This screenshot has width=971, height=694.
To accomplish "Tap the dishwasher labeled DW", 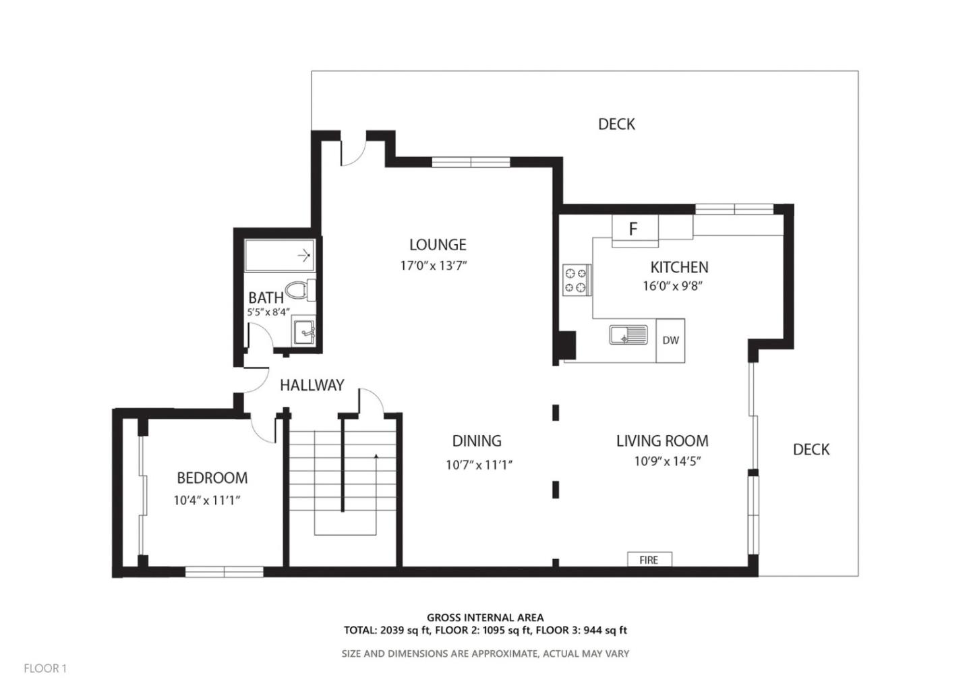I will [670, 341].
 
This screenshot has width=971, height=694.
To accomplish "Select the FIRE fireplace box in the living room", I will [649, 560].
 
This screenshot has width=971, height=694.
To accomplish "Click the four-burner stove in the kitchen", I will [577, 281].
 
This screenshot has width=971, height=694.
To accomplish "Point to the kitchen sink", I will [628, 335].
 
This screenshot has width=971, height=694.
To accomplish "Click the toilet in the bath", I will [300, 291].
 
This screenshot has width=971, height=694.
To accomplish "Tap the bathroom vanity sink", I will [304, 332].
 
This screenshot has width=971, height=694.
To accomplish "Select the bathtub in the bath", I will [279, 255].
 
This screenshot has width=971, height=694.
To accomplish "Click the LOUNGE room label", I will [438, 245].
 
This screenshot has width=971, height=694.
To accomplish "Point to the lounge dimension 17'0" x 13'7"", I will [434, 266].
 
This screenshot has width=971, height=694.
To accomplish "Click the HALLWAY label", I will [312, 385].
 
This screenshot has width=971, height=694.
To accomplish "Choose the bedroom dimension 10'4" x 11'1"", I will [207, 500].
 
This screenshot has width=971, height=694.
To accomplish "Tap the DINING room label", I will [477, 441].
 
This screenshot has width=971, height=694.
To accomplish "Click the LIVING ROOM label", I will [662, 441].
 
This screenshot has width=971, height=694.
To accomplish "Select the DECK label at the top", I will [616, 124].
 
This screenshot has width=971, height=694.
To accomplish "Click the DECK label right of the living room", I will [811, 450].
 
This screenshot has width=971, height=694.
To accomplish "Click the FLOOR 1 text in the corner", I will [45, 668].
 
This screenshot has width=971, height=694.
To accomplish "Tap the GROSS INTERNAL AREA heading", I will [485, 617].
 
